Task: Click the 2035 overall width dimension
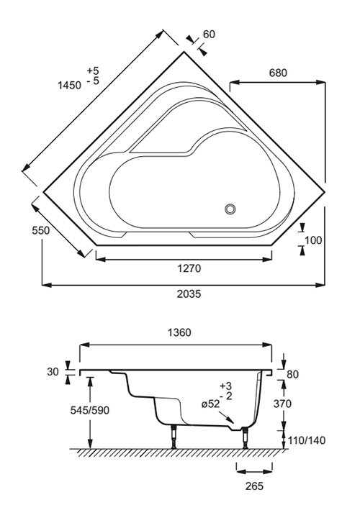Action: tap(189, 294)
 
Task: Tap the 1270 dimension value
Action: tap(189, 268)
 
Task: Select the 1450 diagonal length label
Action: tap(69, 85)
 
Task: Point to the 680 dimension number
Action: tap(278, 73)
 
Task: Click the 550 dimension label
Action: tap(41, 230)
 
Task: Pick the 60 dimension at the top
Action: tap(209, 34)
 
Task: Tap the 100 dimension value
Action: tap(312, 240)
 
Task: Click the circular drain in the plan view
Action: tap(230, 209)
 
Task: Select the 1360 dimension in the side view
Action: tap(179, 332)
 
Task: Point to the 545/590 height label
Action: tap(89, 410)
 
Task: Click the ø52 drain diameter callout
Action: tap(210, 404)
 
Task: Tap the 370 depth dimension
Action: tap(282, 404)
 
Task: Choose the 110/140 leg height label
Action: tap(307, 440)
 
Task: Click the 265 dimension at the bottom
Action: tap(255, 486)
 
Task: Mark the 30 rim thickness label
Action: tap(53, 372)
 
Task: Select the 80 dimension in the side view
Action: tap(292, 374)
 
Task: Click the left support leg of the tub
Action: tap(174, 437)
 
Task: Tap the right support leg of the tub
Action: tap(245, 437)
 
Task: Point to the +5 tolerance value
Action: tap(93, 71)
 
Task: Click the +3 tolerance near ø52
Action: tap(226, 386)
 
